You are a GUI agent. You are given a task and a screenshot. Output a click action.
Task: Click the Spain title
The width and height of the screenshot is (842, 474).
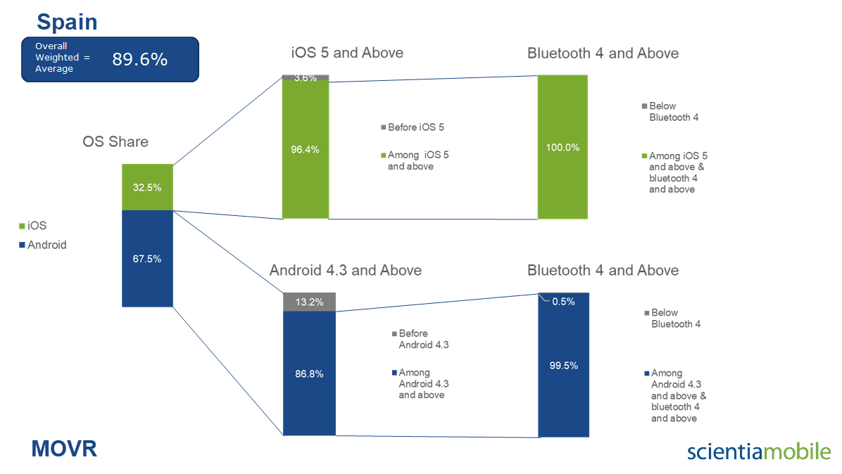67,22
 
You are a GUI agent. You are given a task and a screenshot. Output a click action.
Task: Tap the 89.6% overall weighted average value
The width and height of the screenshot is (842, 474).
139,59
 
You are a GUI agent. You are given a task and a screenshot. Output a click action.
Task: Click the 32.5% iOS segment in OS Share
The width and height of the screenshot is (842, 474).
147,187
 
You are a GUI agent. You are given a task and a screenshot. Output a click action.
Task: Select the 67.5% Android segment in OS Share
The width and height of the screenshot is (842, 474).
147,258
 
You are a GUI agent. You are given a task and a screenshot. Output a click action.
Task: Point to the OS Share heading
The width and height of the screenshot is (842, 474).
115,141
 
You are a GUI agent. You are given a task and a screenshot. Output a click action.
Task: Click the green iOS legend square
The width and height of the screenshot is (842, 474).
22,226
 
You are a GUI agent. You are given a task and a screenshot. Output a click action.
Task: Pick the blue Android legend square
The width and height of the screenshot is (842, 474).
22,245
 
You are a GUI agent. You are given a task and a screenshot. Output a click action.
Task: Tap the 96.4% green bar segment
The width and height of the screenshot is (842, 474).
306,150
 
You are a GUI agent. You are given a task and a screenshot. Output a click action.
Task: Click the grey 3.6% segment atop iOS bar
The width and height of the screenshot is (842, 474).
306,78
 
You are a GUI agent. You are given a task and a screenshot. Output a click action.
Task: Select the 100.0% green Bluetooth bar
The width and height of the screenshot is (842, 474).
563,147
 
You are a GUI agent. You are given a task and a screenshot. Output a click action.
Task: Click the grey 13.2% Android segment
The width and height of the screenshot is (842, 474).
309,302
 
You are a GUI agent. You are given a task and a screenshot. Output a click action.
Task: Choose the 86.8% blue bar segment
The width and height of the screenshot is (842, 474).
309,373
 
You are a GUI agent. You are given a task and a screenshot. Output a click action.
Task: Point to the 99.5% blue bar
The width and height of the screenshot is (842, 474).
564,365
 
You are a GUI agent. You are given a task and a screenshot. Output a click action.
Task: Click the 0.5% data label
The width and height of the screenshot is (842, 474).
563,302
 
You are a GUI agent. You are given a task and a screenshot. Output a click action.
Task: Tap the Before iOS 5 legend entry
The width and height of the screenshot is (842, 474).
413,127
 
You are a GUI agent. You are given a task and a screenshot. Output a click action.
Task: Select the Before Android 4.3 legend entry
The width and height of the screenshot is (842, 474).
420,339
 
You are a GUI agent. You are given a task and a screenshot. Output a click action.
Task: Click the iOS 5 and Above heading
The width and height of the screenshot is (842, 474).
347,53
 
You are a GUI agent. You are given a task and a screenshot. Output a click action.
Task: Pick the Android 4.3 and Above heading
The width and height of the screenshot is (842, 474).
345,270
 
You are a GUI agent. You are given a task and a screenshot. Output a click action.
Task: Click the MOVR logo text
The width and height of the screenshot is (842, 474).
65,449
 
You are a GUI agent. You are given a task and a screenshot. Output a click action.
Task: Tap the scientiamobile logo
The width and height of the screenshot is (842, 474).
759,451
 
